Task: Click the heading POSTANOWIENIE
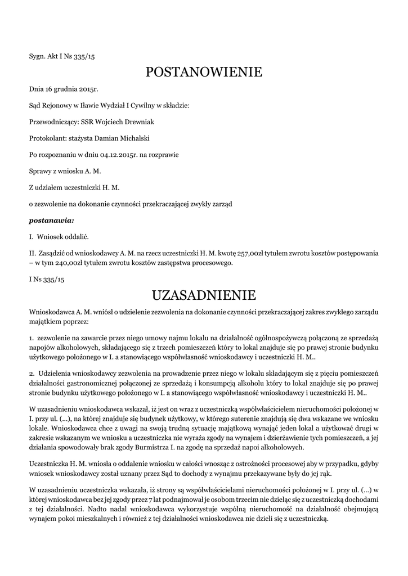pos(204,72)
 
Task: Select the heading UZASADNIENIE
pos(204,295)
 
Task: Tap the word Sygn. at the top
pos(38,56)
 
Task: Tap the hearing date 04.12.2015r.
pos(114,154)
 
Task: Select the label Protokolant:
pos(47,137)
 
